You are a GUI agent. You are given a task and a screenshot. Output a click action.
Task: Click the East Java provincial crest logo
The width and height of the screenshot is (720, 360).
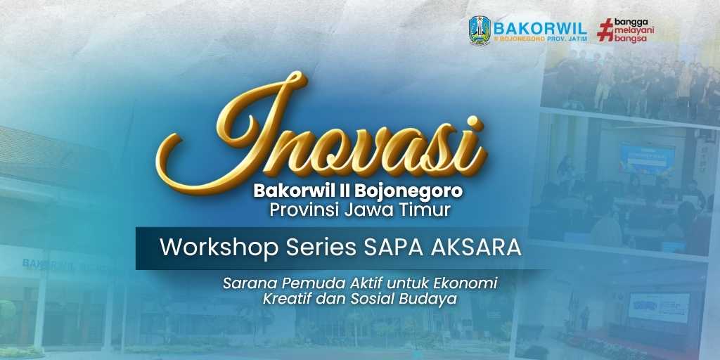(x=480, y=30)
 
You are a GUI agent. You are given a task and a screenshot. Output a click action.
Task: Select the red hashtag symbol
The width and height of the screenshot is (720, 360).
(x=605, y=30)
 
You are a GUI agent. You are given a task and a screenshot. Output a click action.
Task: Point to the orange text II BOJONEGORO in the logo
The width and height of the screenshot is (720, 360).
(x=520, y=39)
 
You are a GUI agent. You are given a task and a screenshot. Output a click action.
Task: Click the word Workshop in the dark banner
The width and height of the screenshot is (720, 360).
(x=219, y=248)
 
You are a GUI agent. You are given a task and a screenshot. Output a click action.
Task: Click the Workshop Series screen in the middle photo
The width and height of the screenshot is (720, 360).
(x=647, y=159)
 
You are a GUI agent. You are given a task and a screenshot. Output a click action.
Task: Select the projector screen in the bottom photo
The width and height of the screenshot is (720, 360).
(x=658, y=307)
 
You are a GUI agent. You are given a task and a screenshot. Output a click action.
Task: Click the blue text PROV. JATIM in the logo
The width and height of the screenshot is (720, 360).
(x=567, y=39)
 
